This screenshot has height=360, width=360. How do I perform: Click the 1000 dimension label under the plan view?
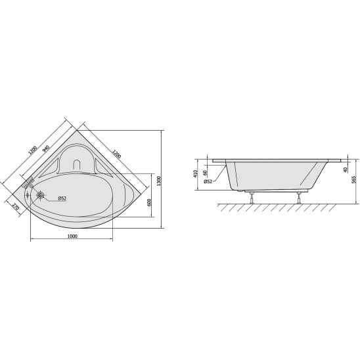(x=72, y=236)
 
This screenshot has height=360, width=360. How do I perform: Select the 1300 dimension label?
(x=160, y=181)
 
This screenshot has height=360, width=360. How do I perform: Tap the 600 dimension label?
(x=148, y=202)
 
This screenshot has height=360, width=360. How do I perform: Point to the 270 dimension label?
(x=15, y=208)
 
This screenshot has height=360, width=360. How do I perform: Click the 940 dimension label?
(x=46, y=149)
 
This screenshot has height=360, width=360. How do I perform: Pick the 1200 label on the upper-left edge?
(x=32, y=150)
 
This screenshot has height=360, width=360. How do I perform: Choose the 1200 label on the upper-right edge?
(x=116, y=154)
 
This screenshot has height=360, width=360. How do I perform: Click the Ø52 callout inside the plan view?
(x=62, y=198)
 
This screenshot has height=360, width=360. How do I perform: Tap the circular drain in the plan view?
(x=41, y=195)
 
